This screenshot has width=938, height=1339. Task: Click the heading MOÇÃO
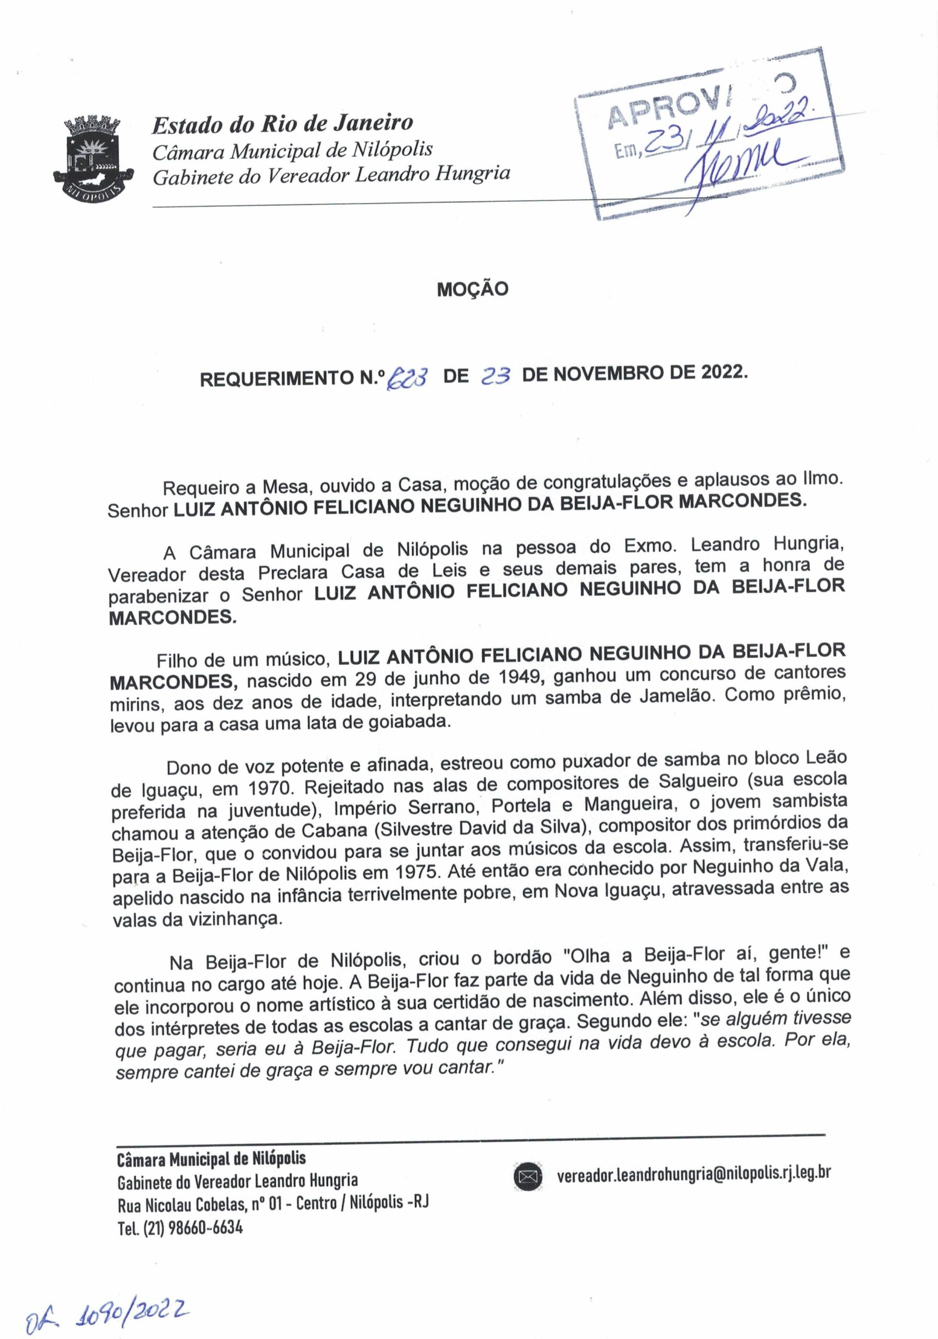(472, 289)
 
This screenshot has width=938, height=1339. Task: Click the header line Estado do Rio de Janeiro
(282, 123)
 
